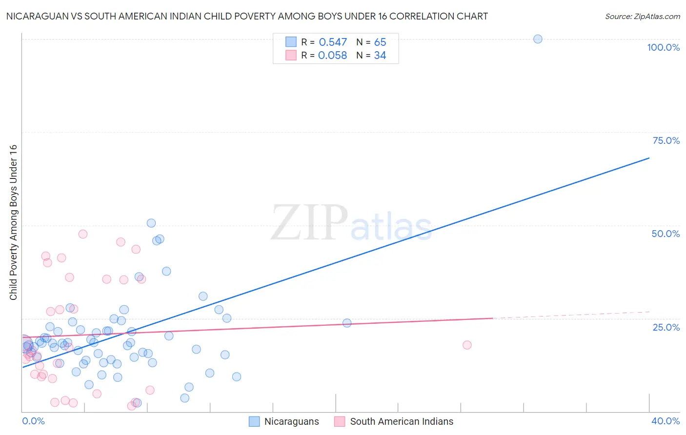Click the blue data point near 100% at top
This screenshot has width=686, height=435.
point(538,39)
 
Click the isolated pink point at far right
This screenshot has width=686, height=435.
point(467,345)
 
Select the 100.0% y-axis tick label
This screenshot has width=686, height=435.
point(663,47)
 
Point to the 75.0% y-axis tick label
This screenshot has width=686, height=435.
point(666,140)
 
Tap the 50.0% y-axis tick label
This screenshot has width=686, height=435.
point(666,234)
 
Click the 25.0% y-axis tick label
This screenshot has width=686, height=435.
point(666,327)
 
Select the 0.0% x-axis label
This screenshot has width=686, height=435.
point(33,421)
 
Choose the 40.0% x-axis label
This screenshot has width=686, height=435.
point(665,421)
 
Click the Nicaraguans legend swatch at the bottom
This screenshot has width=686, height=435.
point(254,421)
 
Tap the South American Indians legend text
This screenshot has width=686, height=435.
point(402,421)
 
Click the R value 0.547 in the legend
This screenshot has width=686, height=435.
point(333,42)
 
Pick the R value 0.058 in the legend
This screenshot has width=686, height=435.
point(332,56)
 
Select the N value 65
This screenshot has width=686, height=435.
point(380,42)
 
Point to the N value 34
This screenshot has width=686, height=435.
point(380,56)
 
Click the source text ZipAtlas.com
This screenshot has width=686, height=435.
point(657,16)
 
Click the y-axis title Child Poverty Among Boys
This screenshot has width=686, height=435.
point(13,222)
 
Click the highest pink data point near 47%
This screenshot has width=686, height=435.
point(83,234)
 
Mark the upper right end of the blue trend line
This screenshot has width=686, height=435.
point(649,158)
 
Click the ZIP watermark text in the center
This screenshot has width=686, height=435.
point(309,223)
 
